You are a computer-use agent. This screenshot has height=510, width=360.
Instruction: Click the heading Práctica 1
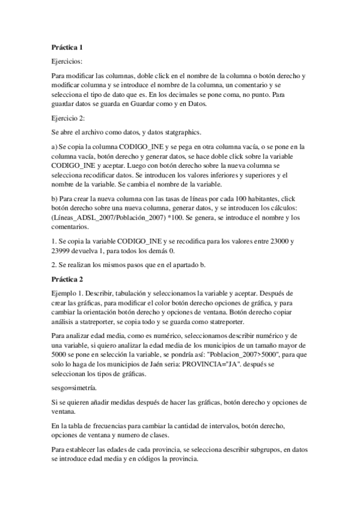[x=67, y=46]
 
